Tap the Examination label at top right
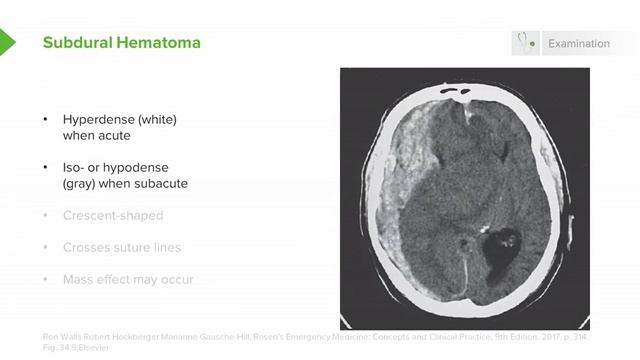pos(578,44)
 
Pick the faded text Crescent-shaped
pos(113,215)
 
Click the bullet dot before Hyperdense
pos(44,120)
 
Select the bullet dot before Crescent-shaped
pos(44,216)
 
